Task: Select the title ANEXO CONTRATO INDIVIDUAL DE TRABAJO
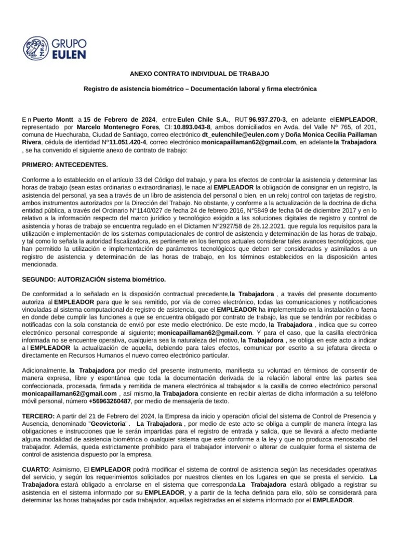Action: (x=200, y=74)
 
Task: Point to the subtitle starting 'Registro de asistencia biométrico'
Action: (x=200, y=90)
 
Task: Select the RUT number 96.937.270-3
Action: (x=268, y=119)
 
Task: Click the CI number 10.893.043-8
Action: (x=192, y=126)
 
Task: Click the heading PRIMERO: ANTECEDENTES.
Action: (x=65, y=165)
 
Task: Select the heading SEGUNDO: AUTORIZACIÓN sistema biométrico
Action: (x=94, y=280)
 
